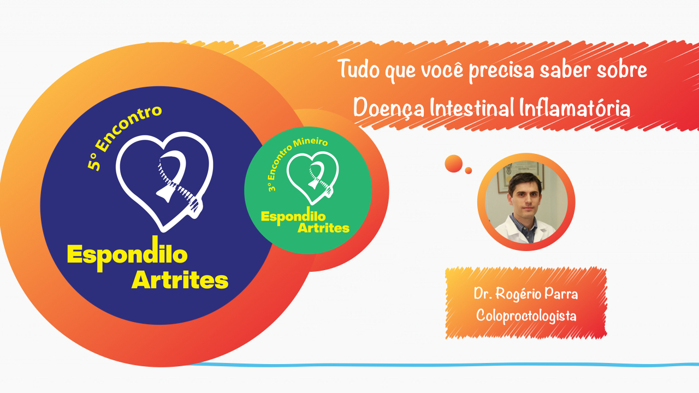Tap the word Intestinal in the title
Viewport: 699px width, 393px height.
coord(470,108)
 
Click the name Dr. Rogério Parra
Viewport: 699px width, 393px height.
coord(526,294)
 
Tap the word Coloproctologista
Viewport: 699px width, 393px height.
coord(526,315)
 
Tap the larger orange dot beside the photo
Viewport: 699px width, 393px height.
coord(453,163)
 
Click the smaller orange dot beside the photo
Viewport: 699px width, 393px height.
coord(469,171)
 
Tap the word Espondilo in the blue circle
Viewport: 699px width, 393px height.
coord(127,254)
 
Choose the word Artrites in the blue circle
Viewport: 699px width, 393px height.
coord(180,280)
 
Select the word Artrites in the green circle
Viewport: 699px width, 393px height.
coord(323,228)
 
